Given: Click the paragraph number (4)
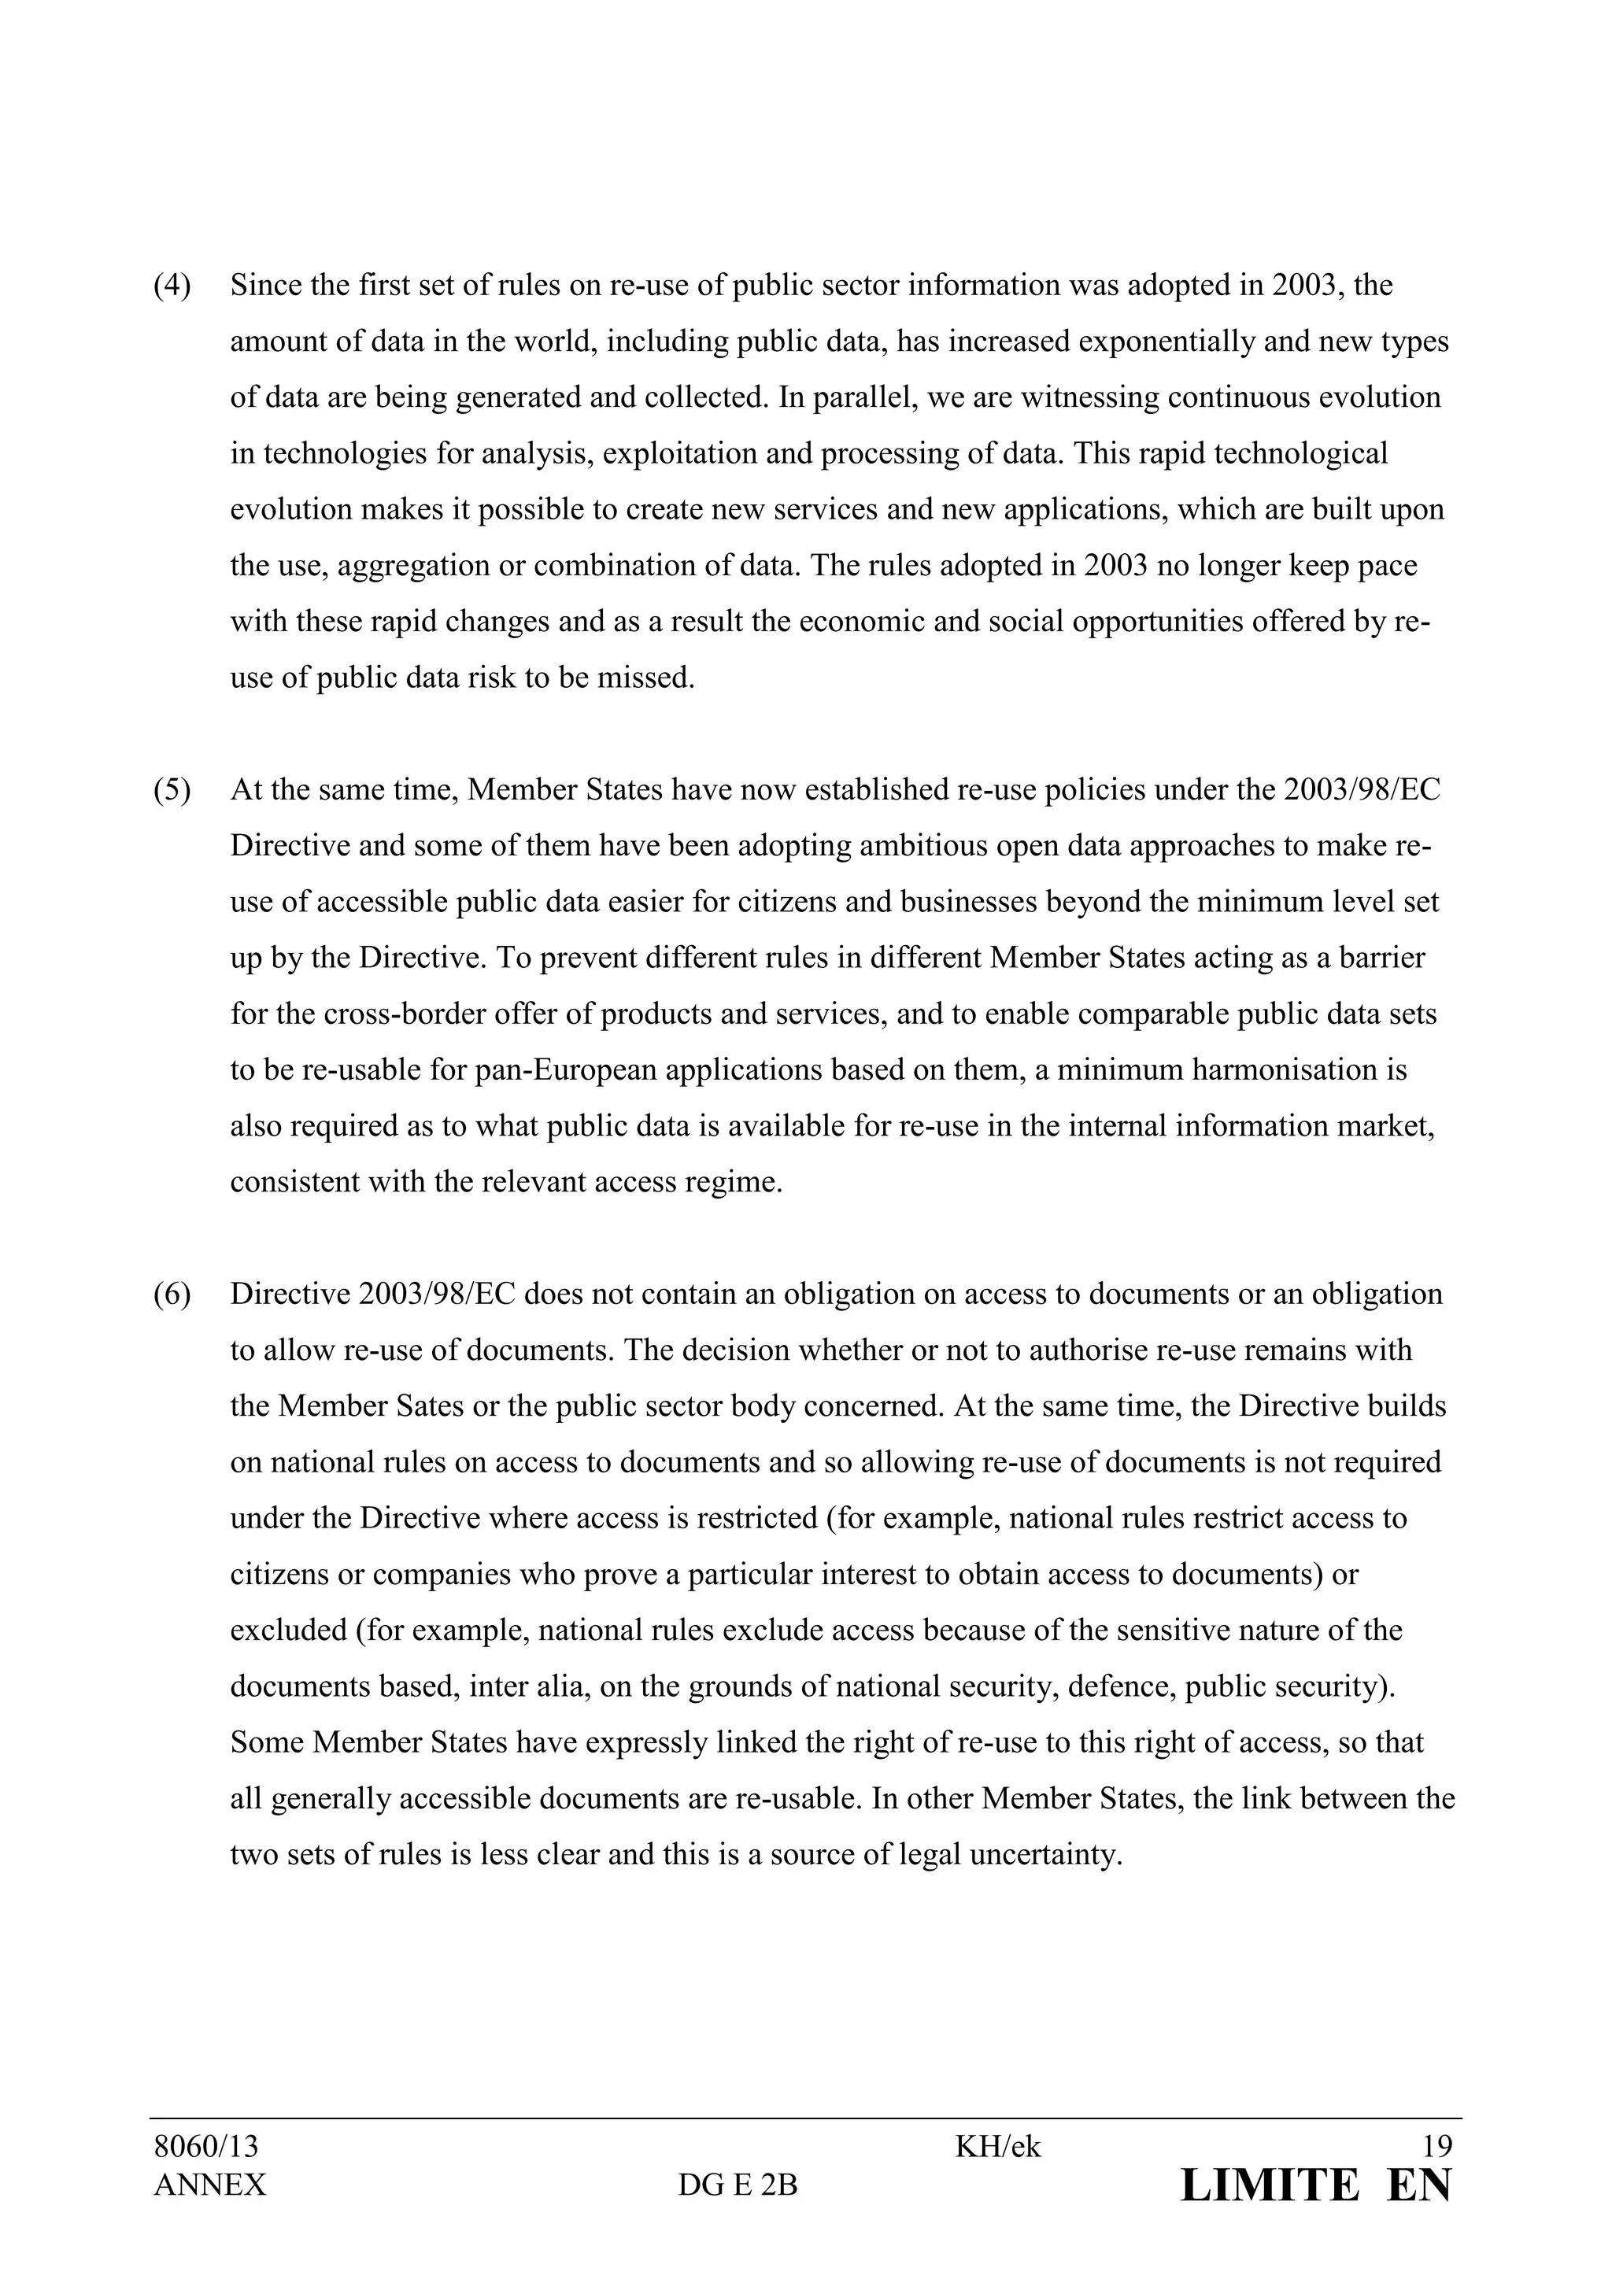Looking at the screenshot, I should tap(172, 286).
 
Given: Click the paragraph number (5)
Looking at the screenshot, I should tap(172, 790).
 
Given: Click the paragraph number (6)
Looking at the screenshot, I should tap(172, 1295).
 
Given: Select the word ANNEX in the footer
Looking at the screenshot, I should tap(209, 2185).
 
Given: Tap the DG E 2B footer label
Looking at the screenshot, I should tap(738, 2185).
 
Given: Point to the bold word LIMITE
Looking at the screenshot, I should tap(1270, 2185).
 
